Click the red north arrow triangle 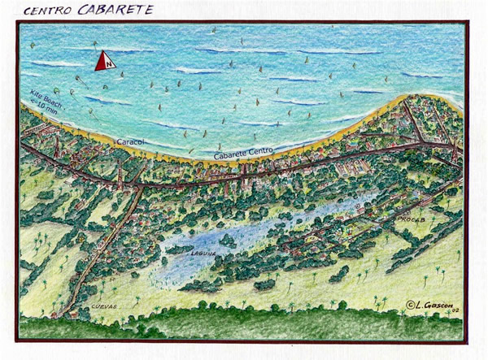(x=104, y=62)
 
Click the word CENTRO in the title (x=46, y=11)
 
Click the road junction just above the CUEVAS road (x=137, y=188)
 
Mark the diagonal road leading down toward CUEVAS (x=106, y=244)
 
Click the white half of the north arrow (x=110, y=61)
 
